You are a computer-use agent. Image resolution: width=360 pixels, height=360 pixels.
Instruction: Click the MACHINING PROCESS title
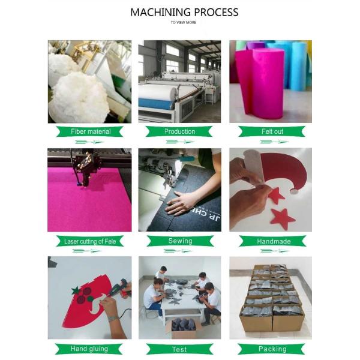tap(184, 12)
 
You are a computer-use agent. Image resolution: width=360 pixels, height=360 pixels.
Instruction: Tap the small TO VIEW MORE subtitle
tap(183, 23)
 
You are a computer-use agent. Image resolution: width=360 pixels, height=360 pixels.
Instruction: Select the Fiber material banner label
tap(90, 131)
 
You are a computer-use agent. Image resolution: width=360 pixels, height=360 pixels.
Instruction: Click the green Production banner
tap(179, 131)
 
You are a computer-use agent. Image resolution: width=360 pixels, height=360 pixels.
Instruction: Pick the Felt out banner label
tap(272, 131)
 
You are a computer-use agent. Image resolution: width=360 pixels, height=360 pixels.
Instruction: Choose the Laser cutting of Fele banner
tap(90, 241)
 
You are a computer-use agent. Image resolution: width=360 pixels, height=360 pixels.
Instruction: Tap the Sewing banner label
tap(180, 241)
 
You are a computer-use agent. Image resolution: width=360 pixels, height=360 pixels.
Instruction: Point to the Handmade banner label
tap(272, 241)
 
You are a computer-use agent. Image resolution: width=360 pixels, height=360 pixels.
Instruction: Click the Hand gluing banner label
tap(89, 349)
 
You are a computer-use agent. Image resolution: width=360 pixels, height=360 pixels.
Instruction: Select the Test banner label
tap(179, 349)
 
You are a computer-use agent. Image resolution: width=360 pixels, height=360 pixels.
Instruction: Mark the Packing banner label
tap(272, 349)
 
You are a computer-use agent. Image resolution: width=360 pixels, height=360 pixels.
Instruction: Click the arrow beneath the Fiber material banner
tap(89, 142)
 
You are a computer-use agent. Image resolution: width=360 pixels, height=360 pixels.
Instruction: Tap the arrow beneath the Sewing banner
tap(178, 251)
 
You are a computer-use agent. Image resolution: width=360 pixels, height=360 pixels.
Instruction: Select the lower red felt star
tap(282, 218)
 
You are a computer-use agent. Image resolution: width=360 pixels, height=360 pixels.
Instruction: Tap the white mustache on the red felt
tap(98, 304)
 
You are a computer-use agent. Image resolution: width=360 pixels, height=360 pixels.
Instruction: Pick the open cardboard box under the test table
tap(184, 327)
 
